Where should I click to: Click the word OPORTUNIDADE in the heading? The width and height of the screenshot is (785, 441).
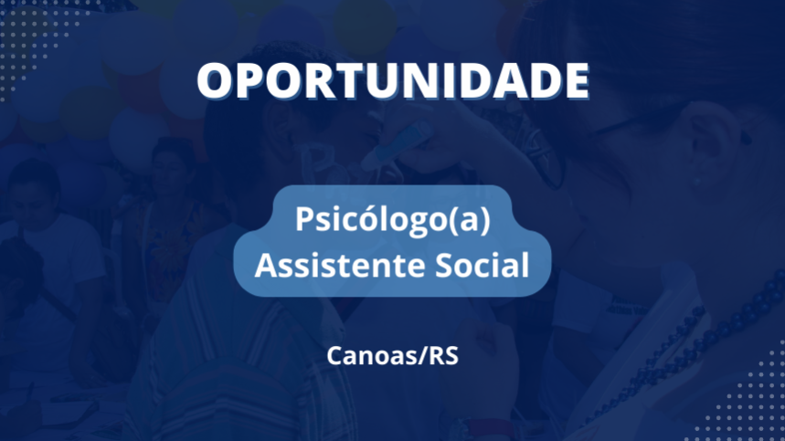(393, 81)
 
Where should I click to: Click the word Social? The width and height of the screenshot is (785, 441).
(482, 264)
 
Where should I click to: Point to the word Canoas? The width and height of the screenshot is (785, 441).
(370, 356)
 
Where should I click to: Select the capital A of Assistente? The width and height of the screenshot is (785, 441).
(267, 265)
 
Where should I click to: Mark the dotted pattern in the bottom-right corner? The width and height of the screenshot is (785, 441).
(741, 395)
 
